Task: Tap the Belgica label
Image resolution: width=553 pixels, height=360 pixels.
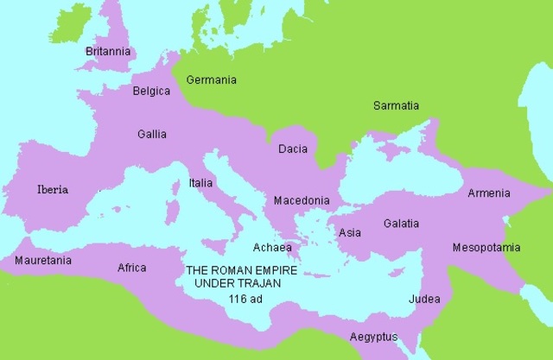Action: [151, 91]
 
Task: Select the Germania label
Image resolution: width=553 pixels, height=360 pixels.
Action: [212, 79]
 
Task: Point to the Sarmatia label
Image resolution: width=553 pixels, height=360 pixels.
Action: [396, 105]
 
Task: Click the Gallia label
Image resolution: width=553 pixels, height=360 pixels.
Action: [152, 134]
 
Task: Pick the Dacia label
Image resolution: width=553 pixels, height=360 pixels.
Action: [293, 149]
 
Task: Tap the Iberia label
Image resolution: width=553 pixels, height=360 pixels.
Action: [53, 189]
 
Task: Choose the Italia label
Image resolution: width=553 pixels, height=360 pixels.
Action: [201, 182]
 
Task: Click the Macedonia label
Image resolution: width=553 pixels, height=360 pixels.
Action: [302, 200]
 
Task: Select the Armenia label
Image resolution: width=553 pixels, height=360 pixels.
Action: [488, 193]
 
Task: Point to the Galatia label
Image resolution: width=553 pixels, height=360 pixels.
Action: [402, 223]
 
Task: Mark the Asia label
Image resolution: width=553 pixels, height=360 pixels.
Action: [350, 232]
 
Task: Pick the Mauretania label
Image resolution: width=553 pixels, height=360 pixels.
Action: [43, 260]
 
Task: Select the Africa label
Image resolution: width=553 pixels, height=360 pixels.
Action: [132, 268]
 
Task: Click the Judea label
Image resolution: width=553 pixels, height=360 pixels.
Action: [424, 299]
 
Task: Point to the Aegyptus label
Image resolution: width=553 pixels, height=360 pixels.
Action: [373, 336]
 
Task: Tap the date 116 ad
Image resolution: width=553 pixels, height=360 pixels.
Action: [245, 299]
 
